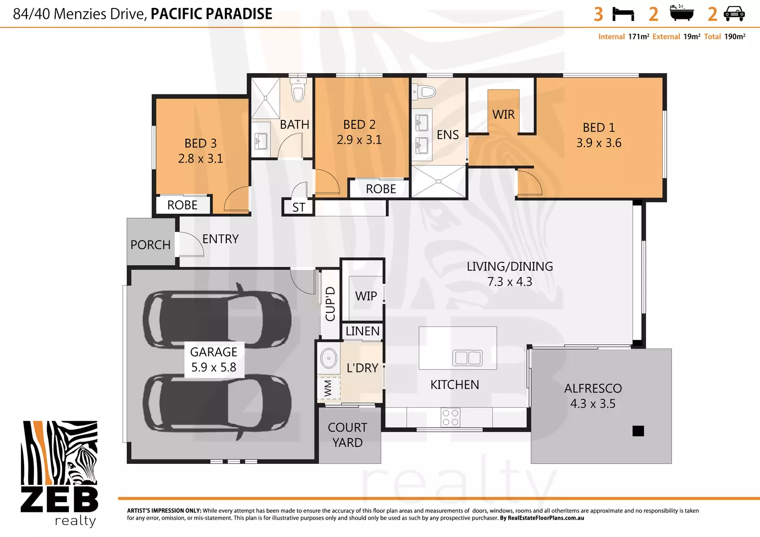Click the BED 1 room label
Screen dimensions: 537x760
tap(599, 128)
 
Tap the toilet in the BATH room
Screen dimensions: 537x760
tap(298, 90)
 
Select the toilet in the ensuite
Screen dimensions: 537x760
tap(425, 91)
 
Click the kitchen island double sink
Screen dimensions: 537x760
tap(467, 358)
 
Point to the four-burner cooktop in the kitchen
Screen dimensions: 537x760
tap(451, 418)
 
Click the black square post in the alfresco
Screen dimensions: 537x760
tap(638, 431)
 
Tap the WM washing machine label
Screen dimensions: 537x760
tap(328, 388)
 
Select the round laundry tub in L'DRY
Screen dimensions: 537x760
tap(328, 358)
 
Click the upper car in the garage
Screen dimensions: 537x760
tap(217, 317)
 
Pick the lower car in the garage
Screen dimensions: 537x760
tap(217, 406)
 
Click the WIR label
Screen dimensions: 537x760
tap(503, 115)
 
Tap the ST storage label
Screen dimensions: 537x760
tap(298, 207)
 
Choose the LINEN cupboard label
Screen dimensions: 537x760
tap(362, 331)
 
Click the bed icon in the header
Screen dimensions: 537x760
tap(623, 14)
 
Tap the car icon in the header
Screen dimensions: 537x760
tap(734, 14)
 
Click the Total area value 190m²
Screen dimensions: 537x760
tap(735, 37)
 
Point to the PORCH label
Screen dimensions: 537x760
tap(150, 245)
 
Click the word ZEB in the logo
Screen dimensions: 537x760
tap(59, 499)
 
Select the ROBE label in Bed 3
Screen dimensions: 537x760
tap(182, 205)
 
